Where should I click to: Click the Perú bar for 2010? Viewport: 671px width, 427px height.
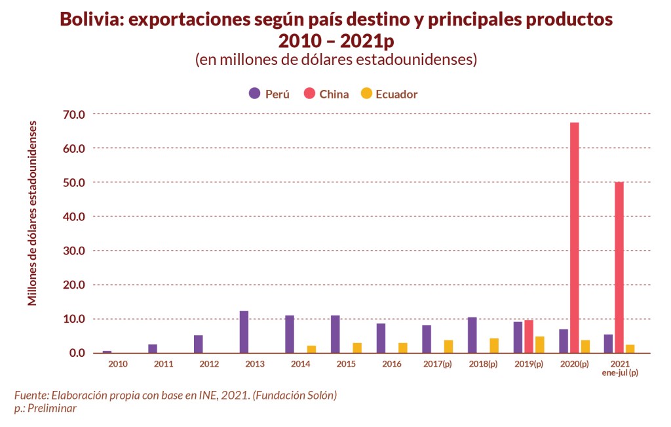point(107,352)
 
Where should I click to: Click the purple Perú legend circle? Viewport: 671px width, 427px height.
point(254,93)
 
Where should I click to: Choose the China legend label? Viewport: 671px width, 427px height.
point(334,94)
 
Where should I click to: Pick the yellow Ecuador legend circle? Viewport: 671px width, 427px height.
point(366,93)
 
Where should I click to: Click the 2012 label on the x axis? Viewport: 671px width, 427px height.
point(209,363)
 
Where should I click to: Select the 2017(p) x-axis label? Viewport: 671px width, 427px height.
point(438,363)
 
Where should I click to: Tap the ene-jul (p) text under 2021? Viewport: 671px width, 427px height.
point(620,373)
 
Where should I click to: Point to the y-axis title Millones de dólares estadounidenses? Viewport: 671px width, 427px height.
point(32,213)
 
